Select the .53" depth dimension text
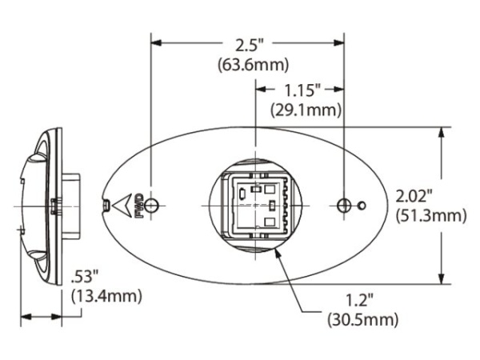[86, 278]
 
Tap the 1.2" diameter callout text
[362, 301]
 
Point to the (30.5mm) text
[362, 321]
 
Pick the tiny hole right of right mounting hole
[362, 206]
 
